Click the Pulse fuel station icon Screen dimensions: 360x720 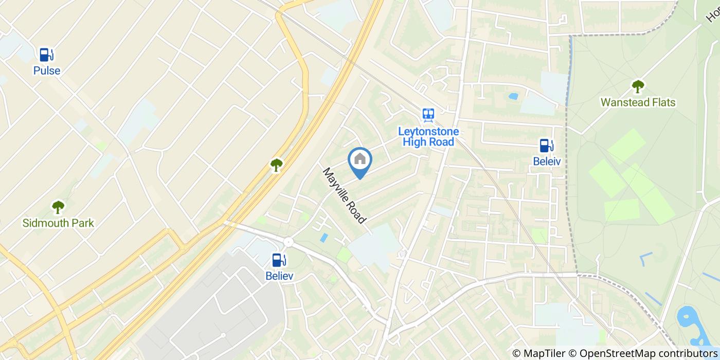46,54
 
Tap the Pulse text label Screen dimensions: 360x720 47,71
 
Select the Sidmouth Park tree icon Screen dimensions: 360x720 58,207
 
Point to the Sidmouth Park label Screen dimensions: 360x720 58,223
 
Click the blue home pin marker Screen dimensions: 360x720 360,161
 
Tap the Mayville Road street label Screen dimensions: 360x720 345,196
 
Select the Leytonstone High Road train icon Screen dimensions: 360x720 428,114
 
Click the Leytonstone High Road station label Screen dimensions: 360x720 428,136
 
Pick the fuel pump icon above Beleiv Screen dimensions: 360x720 546,146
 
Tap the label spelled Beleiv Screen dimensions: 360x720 546,161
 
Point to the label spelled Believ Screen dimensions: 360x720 279,276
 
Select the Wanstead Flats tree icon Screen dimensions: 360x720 638,86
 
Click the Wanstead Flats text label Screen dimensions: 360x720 638,102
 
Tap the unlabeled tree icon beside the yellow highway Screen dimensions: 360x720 277,165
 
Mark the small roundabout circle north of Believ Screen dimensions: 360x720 288,242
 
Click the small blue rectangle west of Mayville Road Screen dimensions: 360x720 323,238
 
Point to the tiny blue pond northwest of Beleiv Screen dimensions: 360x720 513,96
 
